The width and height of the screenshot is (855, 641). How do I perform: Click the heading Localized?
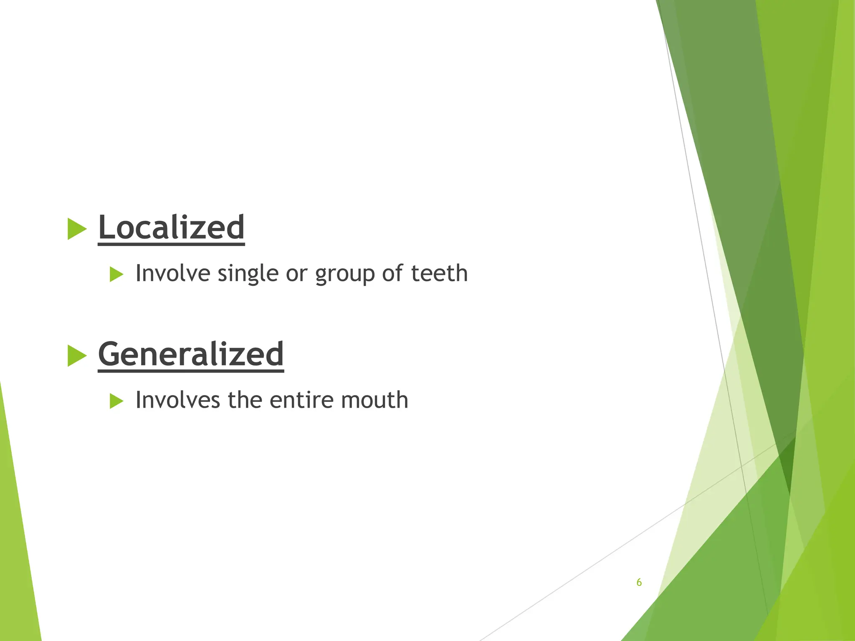pos(171,227)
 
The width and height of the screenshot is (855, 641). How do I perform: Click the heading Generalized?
pos(191,354)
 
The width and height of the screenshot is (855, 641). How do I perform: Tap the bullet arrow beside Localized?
pos(76,229)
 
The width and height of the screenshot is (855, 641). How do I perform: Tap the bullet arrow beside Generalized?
pos(76,356)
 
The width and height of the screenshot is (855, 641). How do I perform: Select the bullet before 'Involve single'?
pos(116,275)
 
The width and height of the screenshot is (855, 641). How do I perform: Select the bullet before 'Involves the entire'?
pos(116,401)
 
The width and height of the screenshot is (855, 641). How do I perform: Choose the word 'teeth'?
pos(439,273)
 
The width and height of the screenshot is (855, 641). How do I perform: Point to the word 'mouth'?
pos(374,400)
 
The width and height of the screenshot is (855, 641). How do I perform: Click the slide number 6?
pos(639,583)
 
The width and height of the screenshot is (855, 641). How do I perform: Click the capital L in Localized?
pos(106,227)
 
